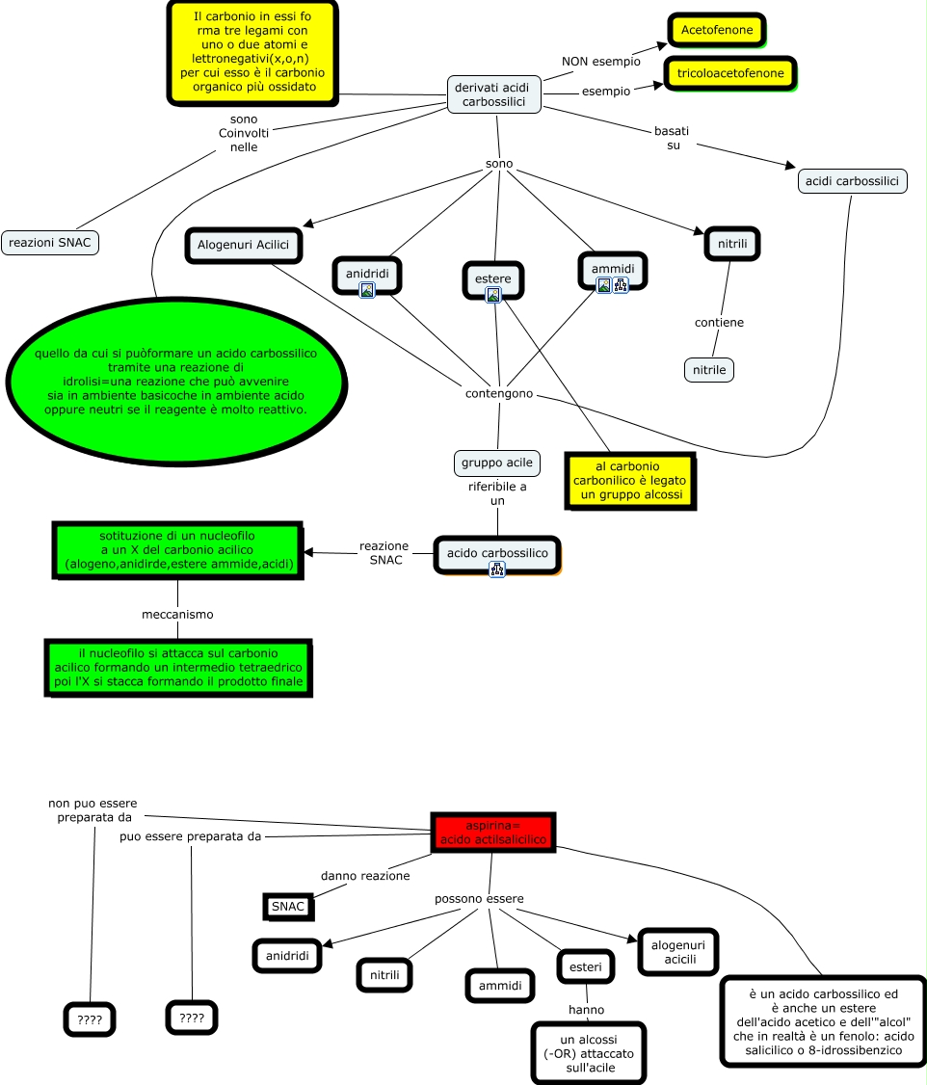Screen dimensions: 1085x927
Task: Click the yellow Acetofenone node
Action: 716,31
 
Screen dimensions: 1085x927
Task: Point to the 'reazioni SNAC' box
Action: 50,243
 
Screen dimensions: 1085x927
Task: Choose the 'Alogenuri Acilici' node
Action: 243,245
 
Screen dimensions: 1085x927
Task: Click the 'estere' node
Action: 493,278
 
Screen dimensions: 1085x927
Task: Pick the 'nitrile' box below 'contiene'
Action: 709,369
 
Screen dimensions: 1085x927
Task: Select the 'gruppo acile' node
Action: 496,463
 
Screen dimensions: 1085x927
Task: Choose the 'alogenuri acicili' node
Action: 678,952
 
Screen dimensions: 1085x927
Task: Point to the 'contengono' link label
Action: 498,394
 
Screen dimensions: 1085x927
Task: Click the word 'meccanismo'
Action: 177,614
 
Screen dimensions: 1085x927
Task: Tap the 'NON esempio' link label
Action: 601,62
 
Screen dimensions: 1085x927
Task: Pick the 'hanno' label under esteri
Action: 586,1010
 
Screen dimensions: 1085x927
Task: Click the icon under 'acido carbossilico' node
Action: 497,569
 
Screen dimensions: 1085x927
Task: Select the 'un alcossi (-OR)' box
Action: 588,1054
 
